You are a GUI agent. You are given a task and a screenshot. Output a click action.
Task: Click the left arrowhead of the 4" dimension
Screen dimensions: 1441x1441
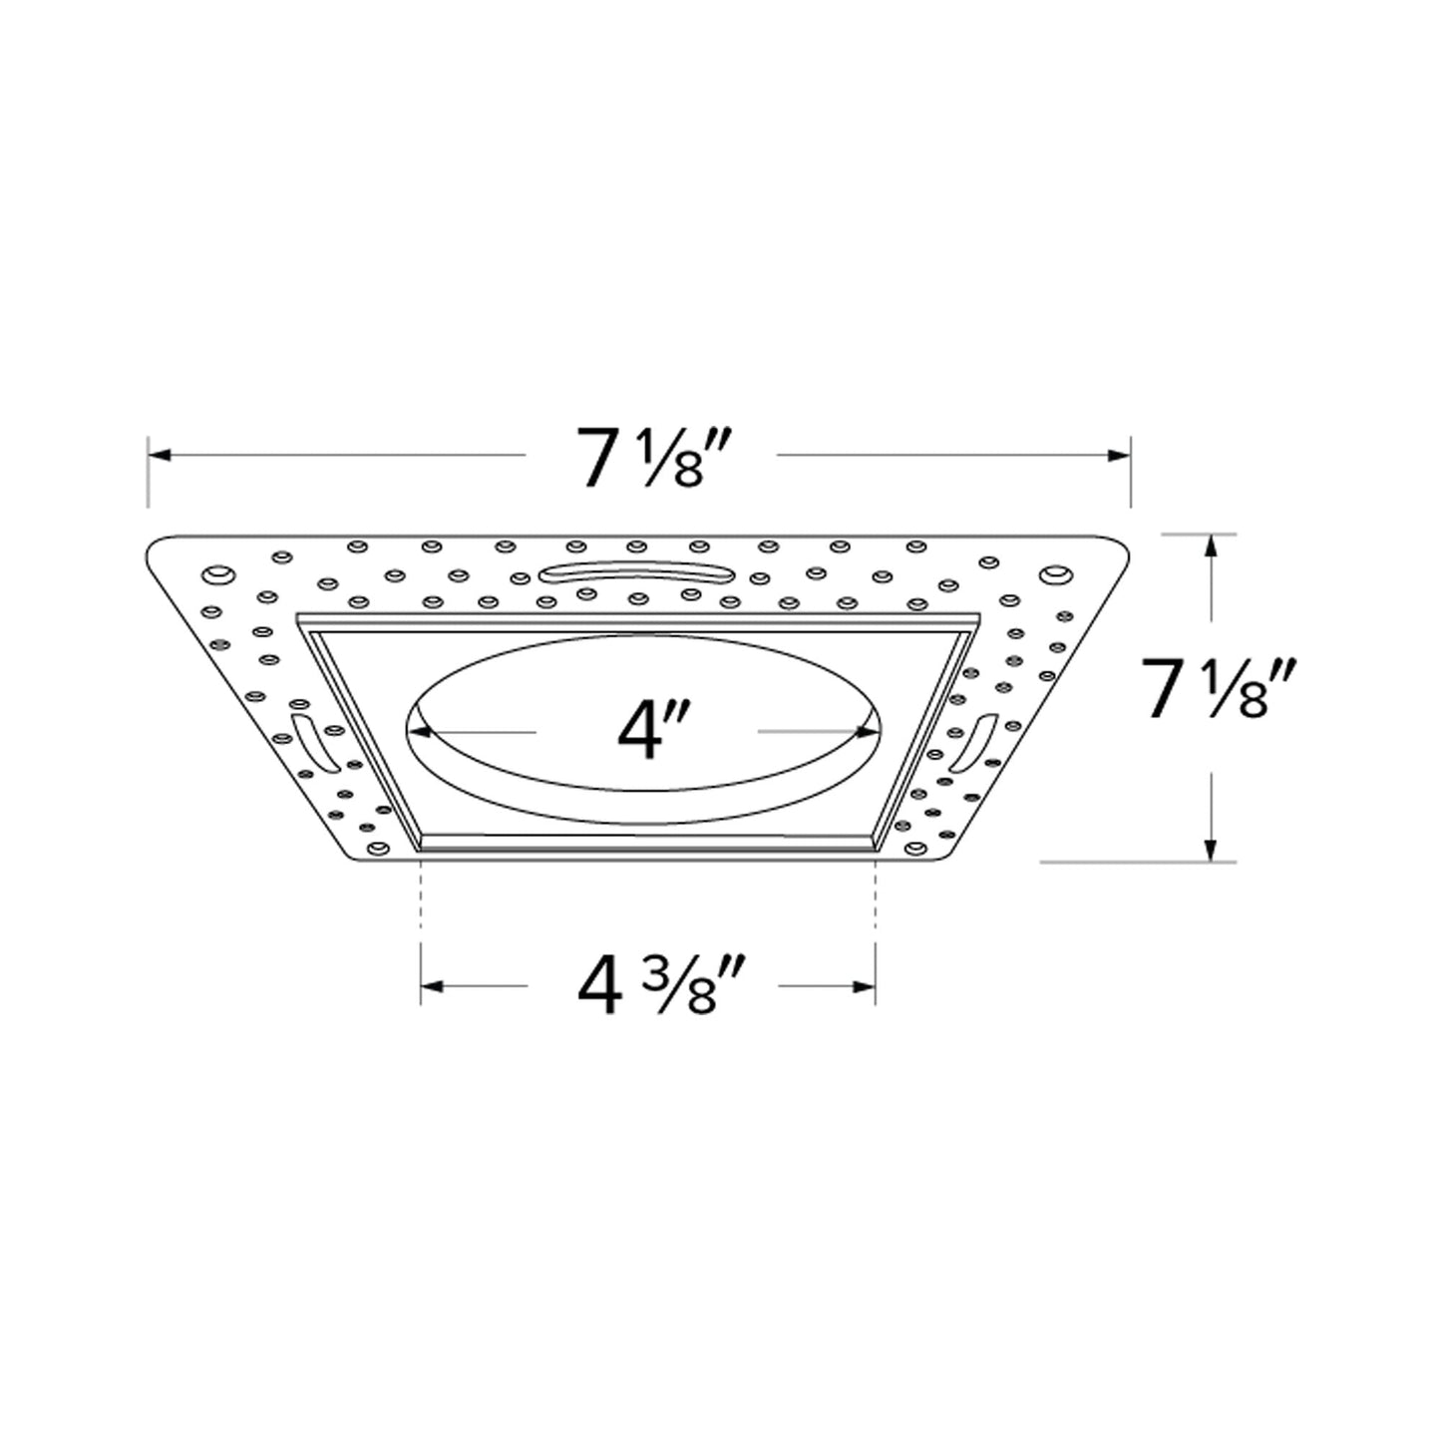pyautogui.click(x=420, y=732)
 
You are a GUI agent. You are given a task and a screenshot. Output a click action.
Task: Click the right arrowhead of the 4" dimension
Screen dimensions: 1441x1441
pyautogui.click(x=869, y=732)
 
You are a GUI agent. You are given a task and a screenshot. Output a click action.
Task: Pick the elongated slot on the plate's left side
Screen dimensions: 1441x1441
pyautogui.click(x=308, y=745)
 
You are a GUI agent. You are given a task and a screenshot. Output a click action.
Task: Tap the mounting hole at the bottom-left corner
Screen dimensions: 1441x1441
pyautogui.click(x=377, y=849)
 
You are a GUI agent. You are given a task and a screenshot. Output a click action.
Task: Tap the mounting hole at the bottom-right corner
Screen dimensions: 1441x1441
pyautogui.click(x=915, y=850)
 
